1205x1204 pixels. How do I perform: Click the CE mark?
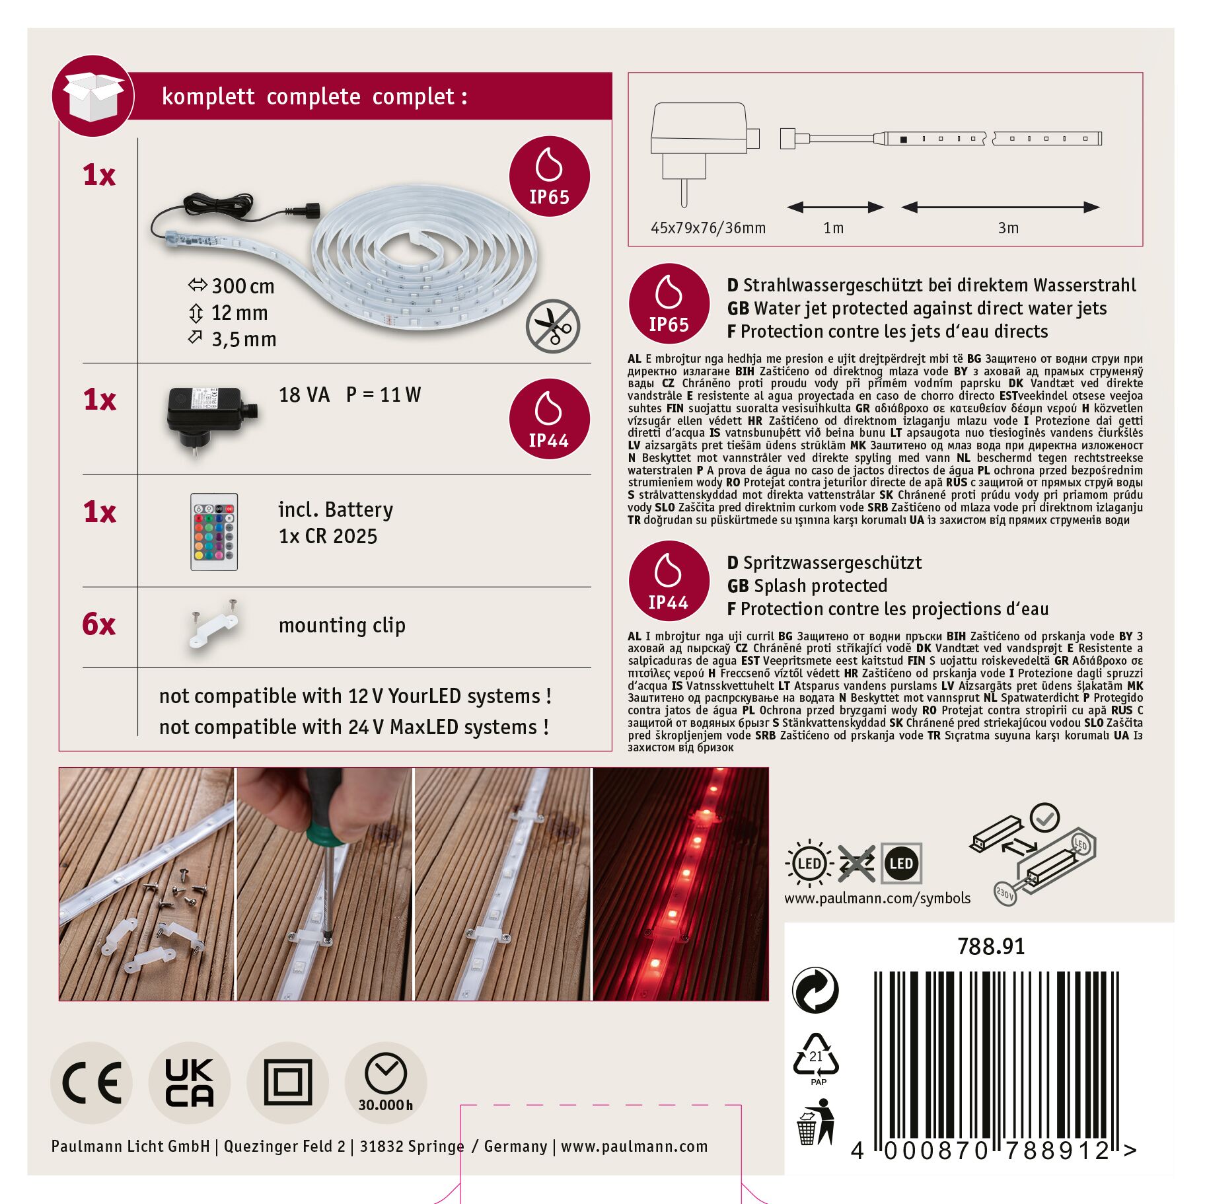pyautogui.click(x=91, y=1083)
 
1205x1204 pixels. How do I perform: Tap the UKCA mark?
pyautogui.click(x=190, y=1083)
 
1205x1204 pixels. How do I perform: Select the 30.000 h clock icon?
pyautogui.click(x=386, y=1083)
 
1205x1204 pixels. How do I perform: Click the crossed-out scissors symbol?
pyautogui.click(x=553, y=326)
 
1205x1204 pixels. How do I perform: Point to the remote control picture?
pyautogui.click(x=214, y=532)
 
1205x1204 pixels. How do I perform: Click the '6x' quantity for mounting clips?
pyautogui.click(x=99, y=624)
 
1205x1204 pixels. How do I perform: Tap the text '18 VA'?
pyautogui.click(x=304, y=395)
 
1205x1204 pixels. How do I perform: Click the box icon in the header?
pyautogui.click(x=93, y=96)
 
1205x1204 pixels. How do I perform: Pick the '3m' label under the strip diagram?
pyautogui.click(x=1008, y=228)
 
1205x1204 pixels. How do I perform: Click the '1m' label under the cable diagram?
pyautogui.click(x=834, y=228)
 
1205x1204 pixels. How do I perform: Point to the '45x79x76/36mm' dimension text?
pyautogui.click(x=708, y=228)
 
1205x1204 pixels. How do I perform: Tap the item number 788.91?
pyautogui.click(x=991, y=946)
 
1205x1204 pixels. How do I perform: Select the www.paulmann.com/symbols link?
pyautogui.click(x=877, y=898)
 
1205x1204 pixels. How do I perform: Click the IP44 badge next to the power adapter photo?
pyautogui.click(x=549, y=419)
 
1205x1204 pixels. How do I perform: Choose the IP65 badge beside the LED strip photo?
pyautogui.click(x=549, y=176)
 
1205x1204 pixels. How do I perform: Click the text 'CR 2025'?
pyautogui.click(x=341, y=537)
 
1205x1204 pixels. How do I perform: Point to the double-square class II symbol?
pyautogui.click(x=287, y=1083)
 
